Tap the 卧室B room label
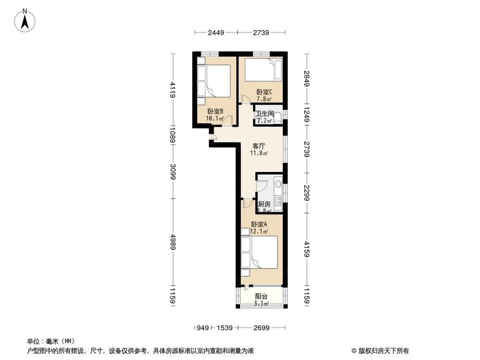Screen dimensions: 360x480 click(215, 111)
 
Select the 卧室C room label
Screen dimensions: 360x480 click(264, 92)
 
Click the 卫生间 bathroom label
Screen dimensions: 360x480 click(264, 114)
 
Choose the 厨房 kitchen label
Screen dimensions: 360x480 click(264, 204)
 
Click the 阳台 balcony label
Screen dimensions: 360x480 click(261, 296)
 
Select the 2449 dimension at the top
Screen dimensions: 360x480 click(216, 33)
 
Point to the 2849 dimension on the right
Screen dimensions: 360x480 click(306, 78)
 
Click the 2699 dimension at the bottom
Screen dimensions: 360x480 click(261, 328)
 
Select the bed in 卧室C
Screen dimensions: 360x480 click(263, 70)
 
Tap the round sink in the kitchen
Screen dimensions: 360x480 click(278, 184)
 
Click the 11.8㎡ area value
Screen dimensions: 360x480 click(259, 154)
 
